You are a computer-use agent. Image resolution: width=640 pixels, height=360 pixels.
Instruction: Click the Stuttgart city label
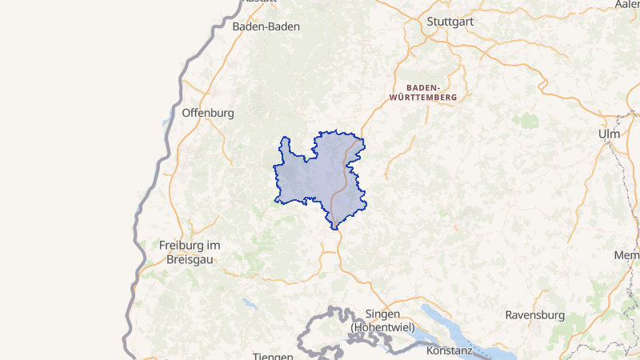(450, 21)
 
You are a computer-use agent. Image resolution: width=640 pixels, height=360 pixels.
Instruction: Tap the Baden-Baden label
(266, 26)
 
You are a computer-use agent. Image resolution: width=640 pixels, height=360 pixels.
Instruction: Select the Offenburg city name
(208, 113)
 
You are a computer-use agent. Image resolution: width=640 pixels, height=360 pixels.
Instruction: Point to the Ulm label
(609, 134)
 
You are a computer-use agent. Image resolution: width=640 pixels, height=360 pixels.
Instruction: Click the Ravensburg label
(534, 315)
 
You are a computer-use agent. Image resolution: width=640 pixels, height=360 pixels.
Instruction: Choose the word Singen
(382, 314)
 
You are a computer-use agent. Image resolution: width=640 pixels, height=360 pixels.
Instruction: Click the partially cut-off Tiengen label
(273, 356)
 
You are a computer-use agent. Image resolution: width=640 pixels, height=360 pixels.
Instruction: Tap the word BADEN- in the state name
(423, 86)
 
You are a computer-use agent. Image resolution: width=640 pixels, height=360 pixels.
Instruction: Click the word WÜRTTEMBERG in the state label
(422, 97)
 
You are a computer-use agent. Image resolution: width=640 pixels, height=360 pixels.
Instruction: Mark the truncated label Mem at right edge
(626, 255)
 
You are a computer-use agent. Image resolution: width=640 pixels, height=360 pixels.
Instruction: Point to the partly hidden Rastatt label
(258, 2)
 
